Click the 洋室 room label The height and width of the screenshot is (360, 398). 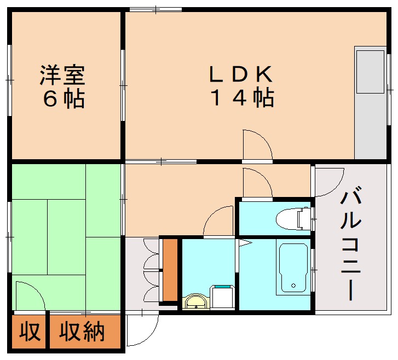(62, 75)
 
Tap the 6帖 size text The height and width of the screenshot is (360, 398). (62, 99)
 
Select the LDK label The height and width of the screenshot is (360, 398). (240, 74)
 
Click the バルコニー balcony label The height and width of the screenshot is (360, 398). (351, 244)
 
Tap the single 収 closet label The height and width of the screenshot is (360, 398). (30, 332)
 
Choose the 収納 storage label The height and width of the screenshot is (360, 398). (82, 332)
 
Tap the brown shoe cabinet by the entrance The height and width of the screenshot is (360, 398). (170, 270)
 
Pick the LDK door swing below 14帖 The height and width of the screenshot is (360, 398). (257, 144)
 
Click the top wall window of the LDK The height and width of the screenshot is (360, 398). (155, 10)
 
